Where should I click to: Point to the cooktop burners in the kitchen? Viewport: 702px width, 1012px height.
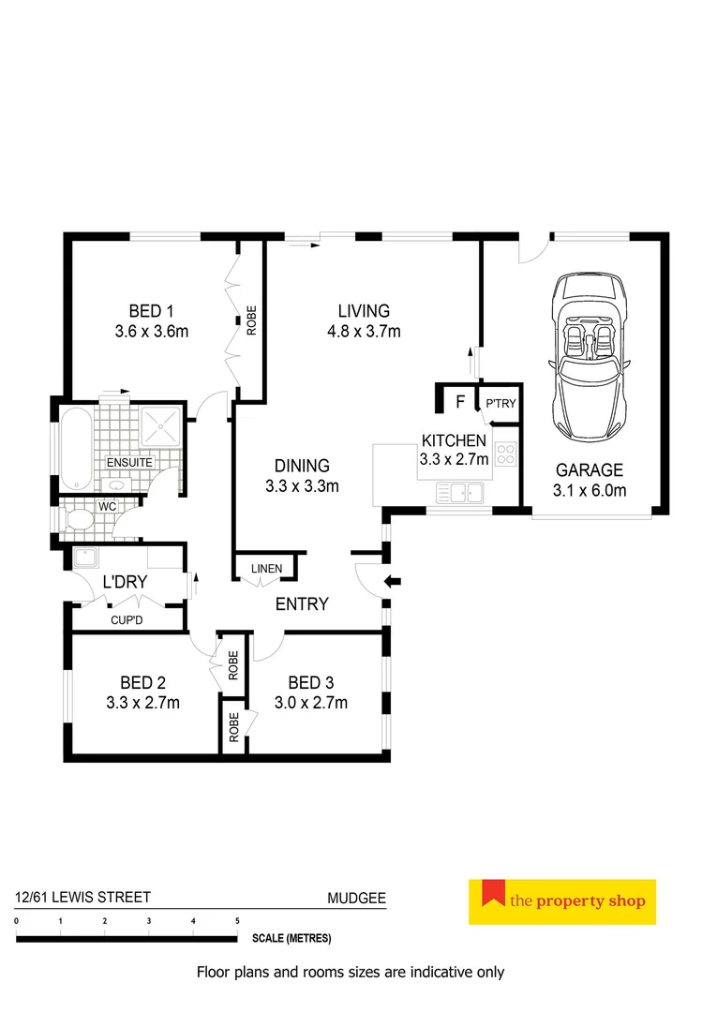506,454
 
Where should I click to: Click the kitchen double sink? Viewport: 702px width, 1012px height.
459,492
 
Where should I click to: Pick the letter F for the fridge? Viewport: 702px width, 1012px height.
459,403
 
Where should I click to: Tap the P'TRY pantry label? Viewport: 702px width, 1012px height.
499,404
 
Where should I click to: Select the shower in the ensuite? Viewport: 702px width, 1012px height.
163,426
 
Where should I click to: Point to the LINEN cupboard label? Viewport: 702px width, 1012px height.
266,569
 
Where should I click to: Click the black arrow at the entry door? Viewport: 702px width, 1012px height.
393,583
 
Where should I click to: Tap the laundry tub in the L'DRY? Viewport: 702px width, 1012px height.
90,559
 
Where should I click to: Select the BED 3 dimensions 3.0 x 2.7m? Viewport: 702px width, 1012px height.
311,703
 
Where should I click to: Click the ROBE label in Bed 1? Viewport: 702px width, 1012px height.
251,321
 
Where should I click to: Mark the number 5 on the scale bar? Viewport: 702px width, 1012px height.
237,922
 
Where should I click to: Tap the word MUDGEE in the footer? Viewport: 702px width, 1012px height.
356,898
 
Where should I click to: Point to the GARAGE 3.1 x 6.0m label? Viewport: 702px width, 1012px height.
590,480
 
